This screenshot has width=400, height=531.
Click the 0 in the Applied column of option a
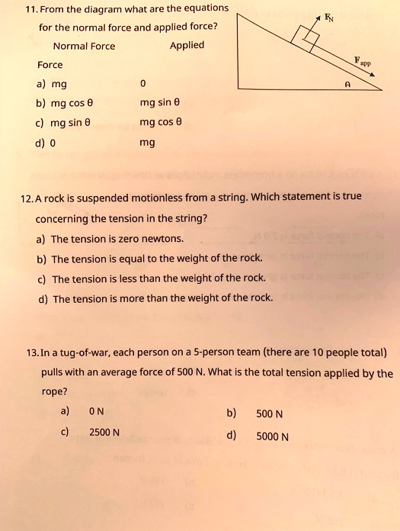[143, 84]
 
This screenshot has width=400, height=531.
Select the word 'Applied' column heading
[187, 45]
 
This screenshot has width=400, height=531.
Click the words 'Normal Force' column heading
[84, 46]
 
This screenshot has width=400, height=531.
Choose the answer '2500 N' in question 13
[104, 432]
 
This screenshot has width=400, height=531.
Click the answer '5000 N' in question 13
[272, 437]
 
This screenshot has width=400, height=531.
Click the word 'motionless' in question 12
[135, 197]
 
